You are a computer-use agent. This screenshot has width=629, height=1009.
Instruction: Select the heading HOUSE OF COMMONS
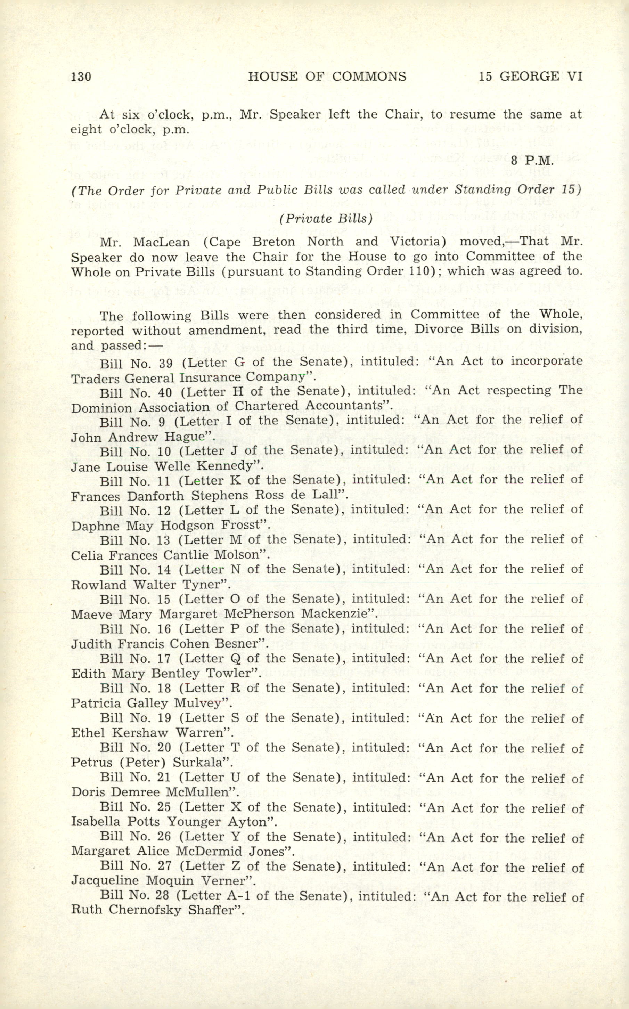click(327, 76)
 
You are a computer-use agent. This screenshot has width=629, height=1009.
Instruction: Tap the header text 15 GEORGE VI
click(530, 76)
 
